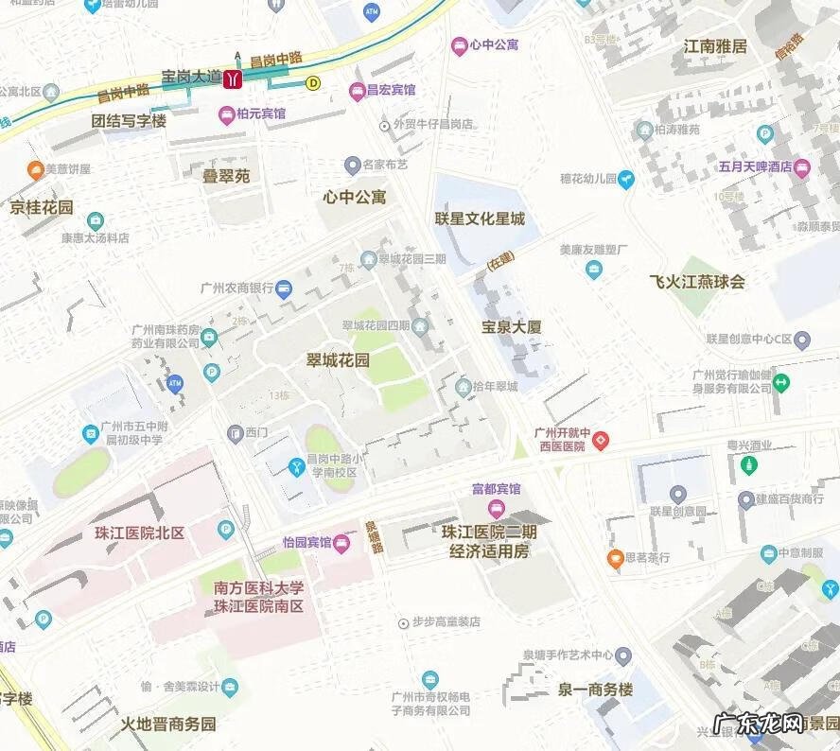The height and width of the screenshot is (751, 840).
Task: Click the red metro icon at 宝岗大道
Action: pyautogui.click(x=232, y=79)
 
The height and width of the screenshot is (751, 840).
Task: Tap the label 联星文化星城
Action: pyautogui.click(x=480, y=218)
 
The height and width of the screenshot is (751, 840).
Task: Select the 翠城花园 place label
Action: pyautogui.click(x=339, y=360)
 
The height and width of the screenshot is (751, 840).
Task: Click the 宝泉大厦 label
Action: pyautogui.click(x=512, y=327)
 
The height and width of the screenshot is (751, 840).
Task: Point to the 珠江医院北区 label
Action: pyautogui.click(x=139, y=533)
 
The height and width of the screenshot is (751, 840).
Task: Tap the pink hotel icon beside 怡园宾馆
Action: pyautogui.click(x=341, y=543)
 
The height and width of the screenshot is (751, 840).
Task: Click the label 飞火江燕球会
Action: pyautogui.click(x=697, y=281)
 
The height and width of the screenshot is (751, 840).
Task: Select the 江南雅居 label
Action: pyautogui.click(x=715, y=45)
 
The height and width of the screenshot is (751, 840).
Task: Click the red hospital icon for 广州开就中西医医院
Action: pyautogui.click(x=601, y=440)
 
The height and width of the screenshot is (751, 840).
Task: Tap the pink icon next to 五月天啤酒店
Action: pyautogui.click(x=802, y=168)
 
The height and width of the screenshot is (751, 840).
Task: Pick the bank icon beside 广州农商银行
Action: pyautogui.click(x=284, y=289)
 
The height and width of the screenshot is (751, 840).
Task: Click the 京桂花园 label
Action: pyautogui.click(x=41, y=207)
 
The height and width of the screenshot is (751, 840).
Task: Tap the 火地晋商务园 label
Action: pyautogui.click(x=168, y=725)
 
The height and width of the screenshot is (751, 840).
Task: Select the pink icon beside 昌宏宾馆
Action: pyautogui.click(x=357, y=91)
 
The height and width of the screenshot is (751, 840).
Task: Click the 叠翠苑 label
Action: pyautogui.click(x=226, y=176)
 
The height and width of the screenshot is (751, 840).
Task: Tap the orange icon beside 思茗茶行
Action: pyautogui.click(x=615, y=558)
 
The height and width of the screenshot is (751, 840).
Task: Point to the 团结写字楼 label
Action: pyautogui.click(x=129, y=121)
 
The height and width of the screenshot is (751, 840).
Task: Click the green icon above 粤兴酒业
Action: pyautogui.click(x=748, y=465)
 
